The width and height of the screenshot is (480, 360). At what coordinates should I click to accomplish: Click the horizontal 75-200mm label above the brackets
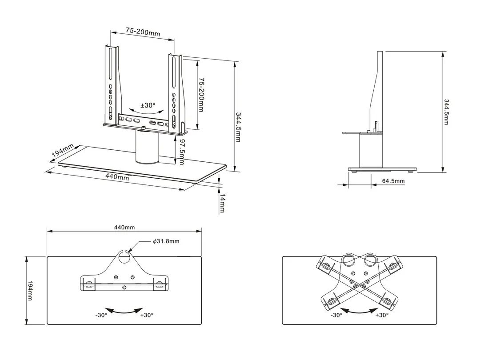pyautogui.click(x=142, y=32)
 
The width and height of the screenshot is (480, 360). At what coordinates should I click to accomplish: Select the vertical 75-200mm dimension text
pyautogui.click(x=201, y=95)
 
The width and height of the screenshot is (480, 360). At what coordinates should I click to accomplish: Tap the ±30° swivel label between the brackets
pyautogui.click(x=148, y=105)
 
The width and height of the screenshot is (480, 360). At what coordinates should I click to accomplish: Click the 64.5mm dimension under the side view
pyautogui.click(x=393, y=181)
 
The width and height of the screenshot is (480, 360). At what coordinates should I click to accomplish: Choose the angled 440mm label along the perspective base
pyautogui.click(x=117, y=176)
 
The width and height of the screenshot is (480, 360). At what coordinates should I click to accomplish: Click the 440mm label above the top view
pyautogui.click(x=124, y=227)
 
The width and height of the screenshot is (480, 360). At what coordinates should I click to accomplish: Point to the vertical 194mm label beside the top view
pyautogui.click(x=30, y=290)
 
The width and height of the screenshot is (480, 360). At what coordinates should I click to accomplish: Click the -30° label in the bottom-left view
pyautogui.click(x=101, y=315)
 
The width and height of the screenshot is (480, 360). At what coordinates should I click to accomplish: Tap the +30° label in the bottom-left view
pyautogui.click(x=147, y=315)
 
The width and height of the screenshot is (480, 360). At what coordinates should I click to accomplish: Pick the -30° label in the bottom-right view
pyautogui.click(x=336, y=315)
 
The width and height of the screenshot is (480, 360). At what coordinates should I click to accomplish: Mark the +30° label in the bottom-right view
pyautogui.click(x=382, y=315)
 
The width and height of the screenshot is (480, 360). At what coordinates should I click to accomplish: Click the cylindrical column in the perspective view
pyautogui.click(x=147, y=148)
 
